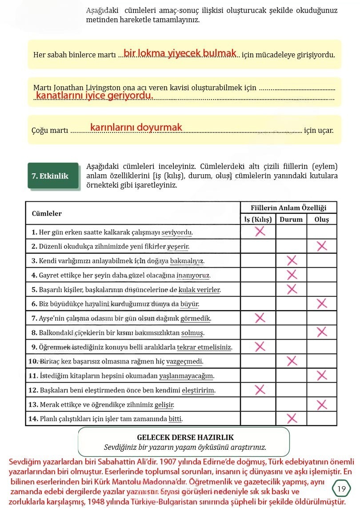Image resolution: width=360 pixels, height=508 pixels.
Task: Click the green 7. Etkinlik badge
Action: (x=50, y=176)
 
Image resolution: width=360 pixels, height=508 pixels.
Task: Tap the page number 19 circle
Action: (x=341, y=489)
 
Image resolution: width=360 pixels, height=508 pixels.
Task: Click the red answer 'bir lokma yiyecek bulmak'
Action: (x=180, y=53)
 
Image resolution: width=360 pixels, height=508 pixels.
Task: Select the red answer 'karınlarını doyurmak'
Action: (x=136, y=128)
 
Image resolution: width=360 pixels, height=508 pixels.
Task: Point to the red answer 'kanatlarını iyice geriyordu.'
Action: (x=94, y=96)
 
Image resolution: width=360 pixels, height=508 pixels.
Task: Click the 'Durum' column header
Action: (x=291, y=219)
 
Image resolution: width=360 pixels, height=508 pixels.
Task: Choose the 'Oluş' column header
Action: (x=321, y=219)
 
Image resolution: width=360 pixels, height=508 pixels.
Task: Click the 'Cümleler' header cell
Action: (x=47, y=213)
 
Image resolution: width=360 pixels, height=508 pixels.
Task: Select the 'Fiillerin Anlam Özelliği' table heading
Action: (x=288, y=208)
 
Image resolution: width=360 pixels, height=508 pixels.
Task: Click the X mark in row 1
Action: (x=260, y=231)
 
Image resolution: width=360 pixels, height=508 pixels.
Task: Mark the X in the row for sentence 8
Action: (x=321, y=332)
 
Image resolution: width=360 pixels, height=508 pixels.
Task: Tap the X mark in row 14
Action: (x=292, y=418)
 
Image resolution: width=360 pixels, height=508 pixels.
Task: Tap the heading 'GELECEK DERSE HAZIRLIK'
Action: (x=185, y=437)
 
